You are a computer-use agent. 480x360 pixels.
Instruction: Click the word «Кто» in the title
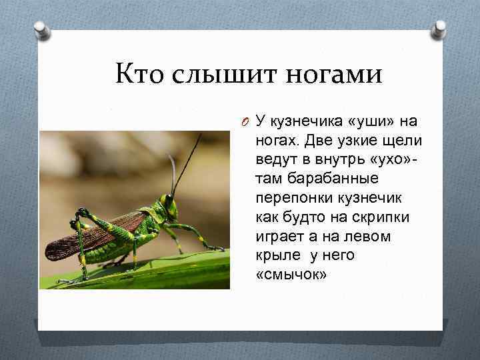(139, 74)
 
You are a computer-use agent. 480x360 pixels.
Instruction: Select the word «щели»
(403, 141)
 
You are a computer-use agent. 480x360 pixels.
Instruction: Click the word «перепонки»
(294, 199)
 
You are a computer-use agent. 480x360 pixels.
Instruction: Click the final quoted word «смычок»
(291, 275)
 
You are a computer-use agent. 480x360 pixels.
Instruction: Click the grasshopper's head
(168, 204)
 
